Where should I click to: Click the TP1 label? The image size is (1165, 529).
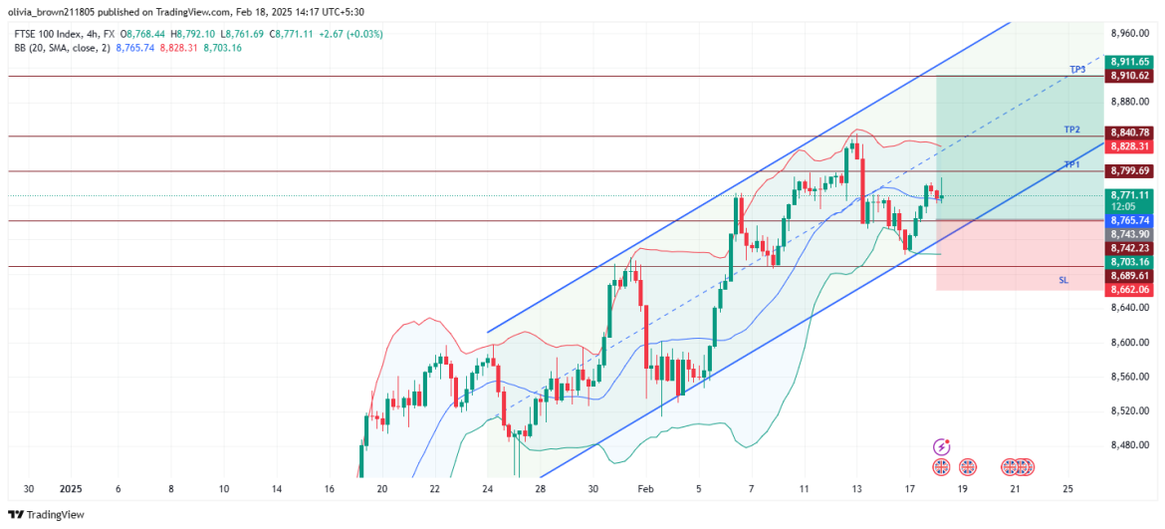point(1071,164)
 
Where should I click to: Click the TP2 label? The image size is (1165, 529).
point(1071,130)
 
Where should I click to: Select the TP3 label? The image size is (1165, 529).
point(1077,69)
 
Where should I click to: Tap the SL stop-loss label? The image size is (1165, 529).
point(1063,281)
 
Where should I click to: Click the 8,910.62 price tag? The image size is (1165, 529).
point(1130,75)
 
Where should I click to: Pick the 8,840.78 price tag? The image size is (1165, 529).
point(1130,132)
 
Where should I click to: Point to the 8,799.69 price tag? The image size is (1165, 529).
point(1130,171)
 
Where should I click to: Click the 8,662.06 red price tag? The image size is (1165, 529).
point(1130,289)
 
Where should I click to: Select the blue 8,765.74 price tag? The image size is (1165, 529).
point(1130,219)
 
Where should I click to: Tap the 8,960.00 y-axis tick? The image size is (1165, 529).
point(1130,33)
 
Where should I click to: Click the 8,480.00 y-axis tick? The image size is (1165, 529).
point(1130,445)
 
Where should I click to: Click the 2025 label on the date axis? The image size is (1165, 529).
point(70,489)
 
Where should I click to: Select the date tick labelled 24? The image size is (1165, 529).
point(488,489)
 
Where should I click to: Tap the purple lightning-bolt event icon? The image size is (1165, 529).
point(941,447)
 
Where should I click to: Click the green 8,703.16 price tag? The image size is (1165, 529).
point(1130,261)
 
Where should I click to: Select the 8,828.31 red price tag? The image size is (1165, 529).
point(1130,146)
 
